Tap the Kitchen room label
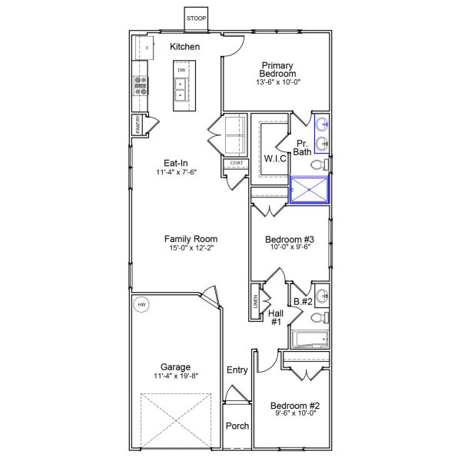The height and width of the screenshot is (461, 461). [x=185, y=47]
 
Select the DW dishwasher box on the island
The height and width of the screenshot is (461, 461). [x=181, y=71]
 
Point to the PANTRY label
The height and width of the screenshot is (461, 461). [x=138, y=126]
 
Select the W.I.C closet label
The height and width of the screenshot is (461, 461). [x=275, y=158]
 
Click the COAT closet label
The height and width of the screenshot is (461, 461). [x=235, y=163]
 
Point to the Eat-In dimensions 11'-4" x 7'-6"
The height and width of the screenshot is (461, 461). [x=176, y=173]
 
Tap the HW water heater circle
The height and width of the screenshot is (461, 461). [x=141, y=305]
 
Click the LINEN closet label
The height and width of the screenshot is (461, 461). [x=255, y=302]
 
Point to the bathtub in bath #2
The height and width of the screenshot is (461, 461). [x=310, y=338]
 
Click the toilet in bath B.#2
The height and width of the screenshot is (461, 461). [x=323, y=315]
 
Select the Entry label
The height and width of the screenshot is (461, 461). [x=237, y=370]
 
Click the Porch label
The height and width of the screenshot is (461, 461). [x=237, y=426]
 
